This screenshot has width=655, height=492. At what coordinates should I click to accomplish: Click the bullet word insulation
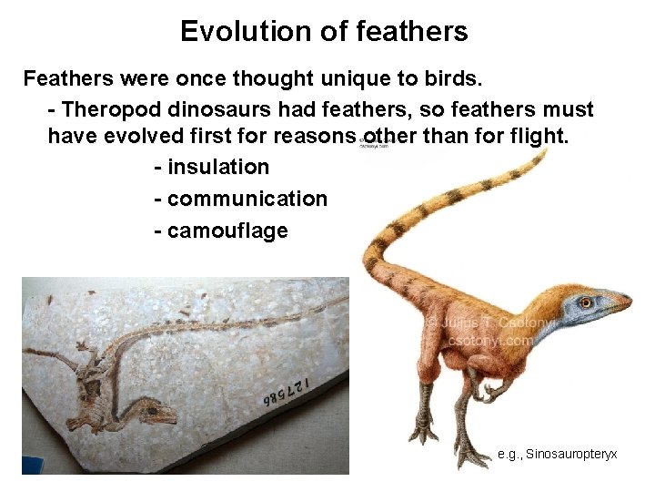(x=218, y=168)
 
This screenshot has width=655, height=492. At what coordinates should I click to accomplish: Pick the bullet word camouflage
(x=227, y=231)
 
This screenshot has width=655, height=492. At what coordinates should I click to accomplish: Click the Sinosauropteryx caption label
(x=557, y=453)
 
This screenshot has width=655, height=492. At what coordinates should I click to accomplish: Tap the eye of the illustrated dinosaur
(x=585, y=302)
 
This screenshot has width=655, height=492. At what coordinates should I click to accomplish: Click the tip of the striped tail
(x=543, y=155)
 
